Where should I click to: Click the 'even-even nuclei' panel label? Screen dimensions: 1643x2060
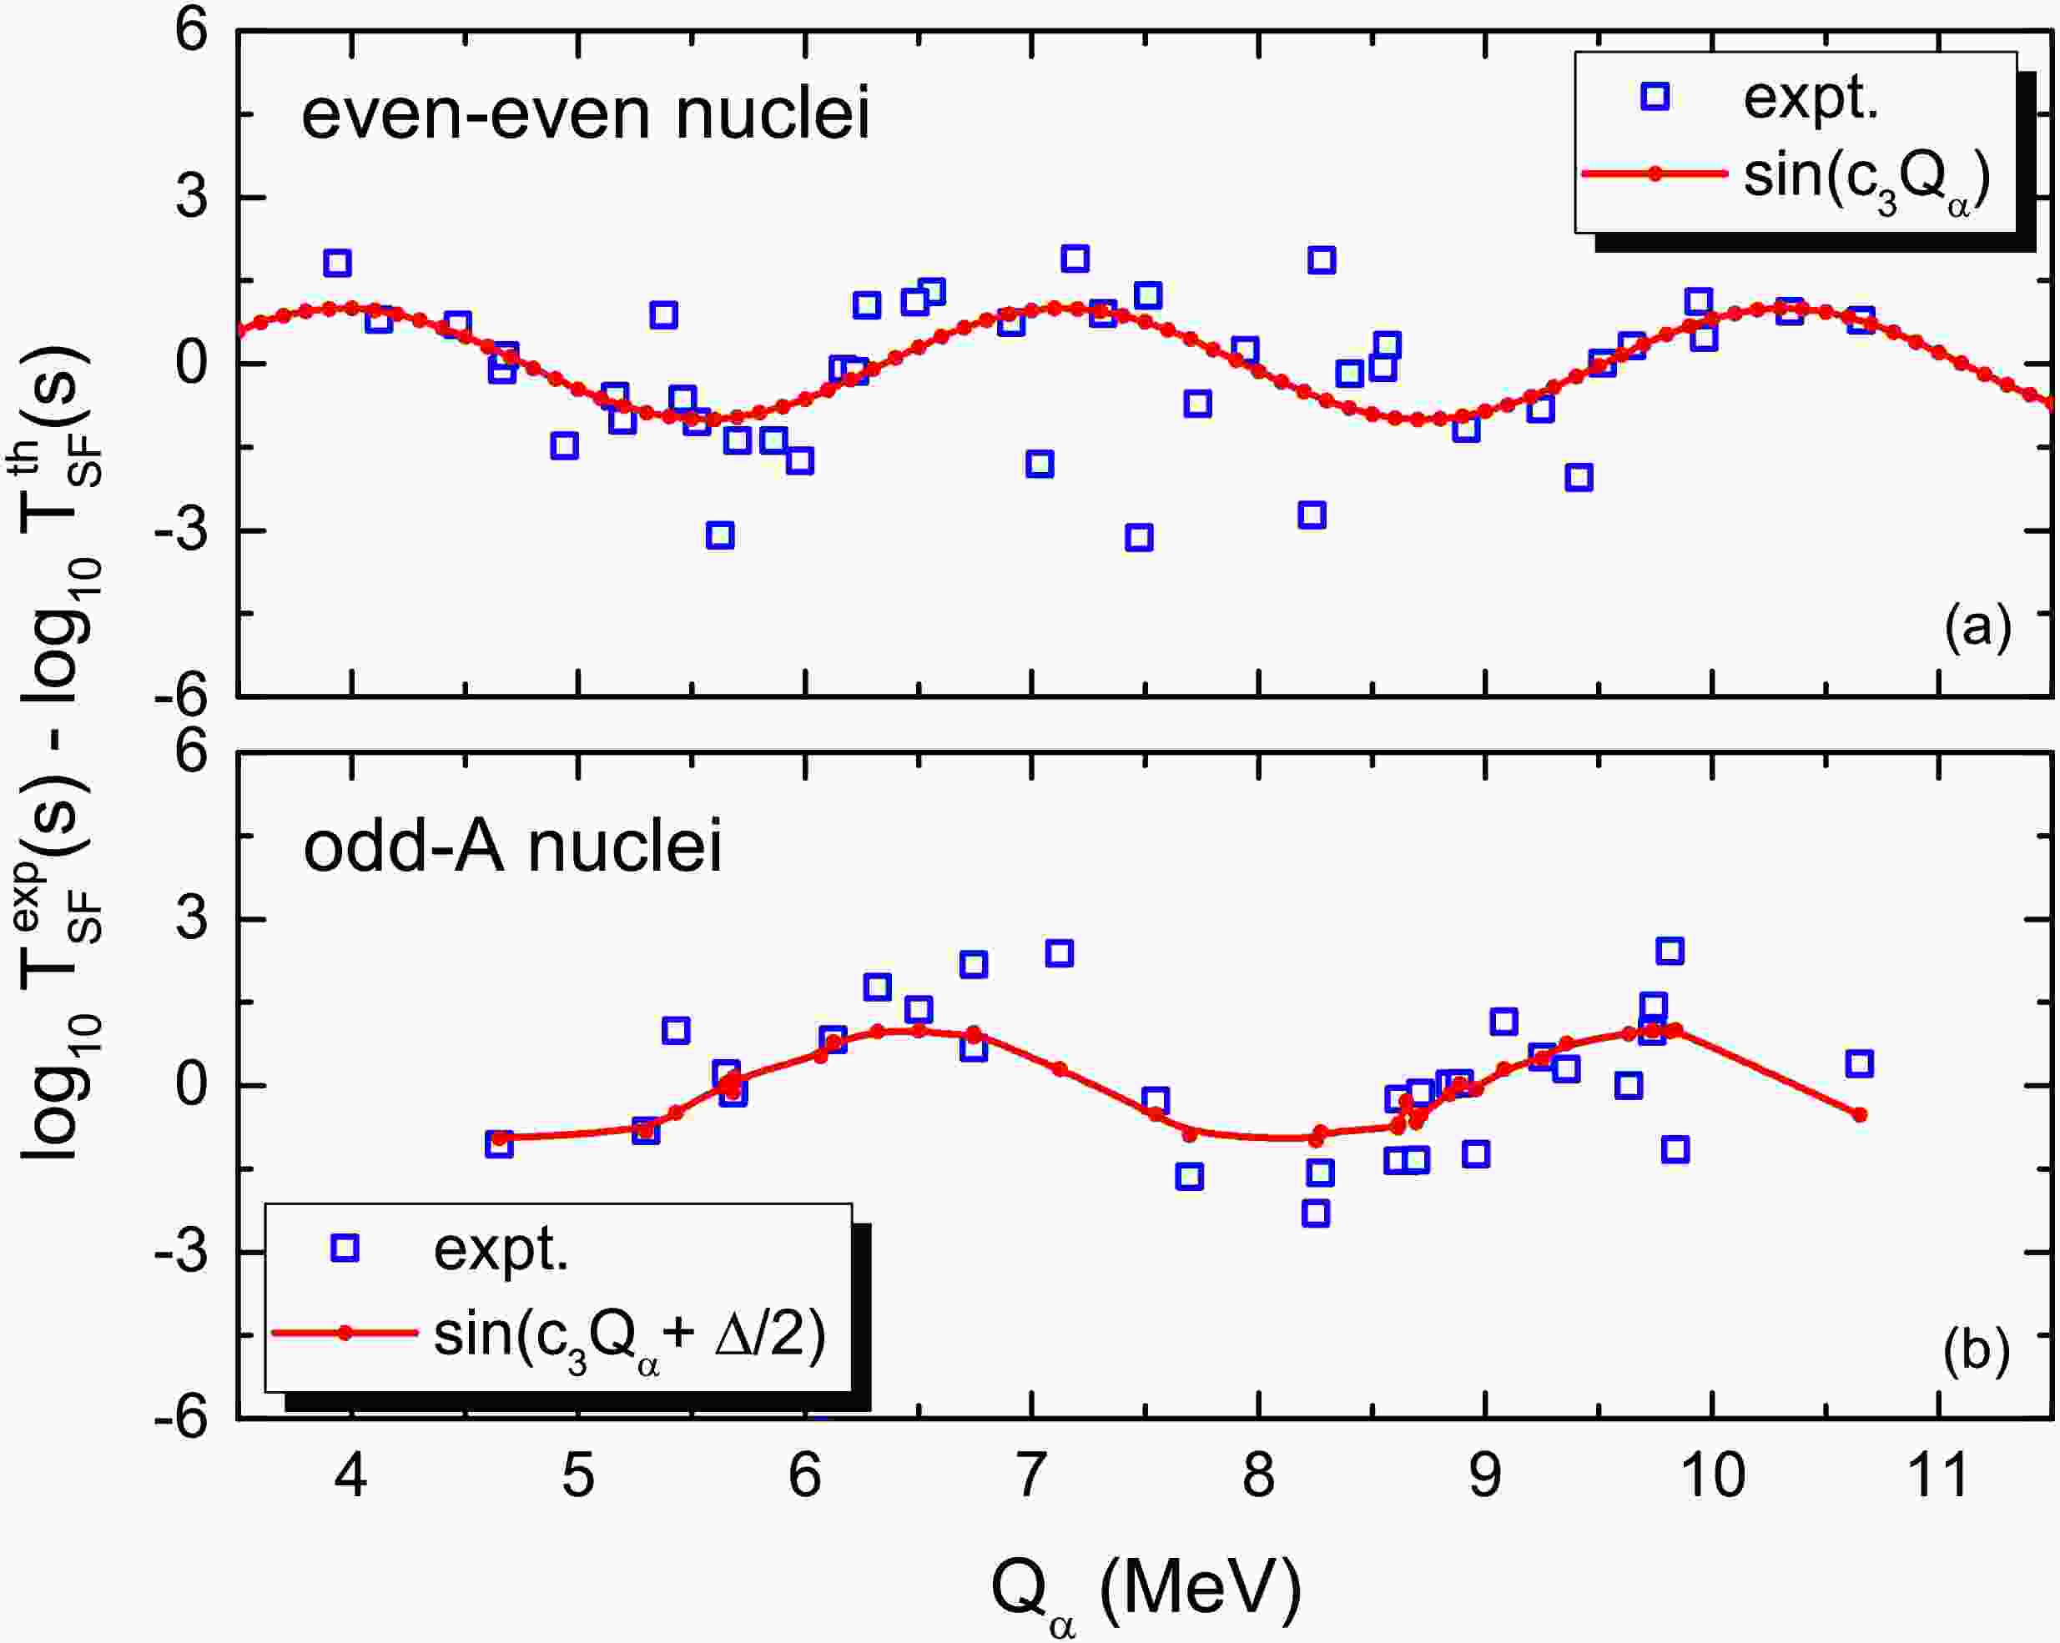pos(585,113)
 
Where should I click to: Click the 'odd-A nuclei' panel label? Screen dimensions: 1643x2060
pos(512,847)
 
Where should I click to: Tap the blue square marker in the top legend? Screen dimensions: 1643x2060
pos(1655,97)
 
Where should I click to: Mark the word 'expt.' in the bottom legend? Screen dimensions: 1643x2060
pos(501,1249)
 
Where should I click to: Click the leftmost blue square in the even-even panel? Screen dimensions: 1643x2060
pos(337,263)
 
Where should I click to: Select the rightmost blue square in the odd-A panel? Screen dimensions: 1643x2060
pos(1858,1063)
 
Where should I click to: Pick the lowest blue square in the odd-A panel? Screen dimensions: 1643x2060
pos(1316,1213)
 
